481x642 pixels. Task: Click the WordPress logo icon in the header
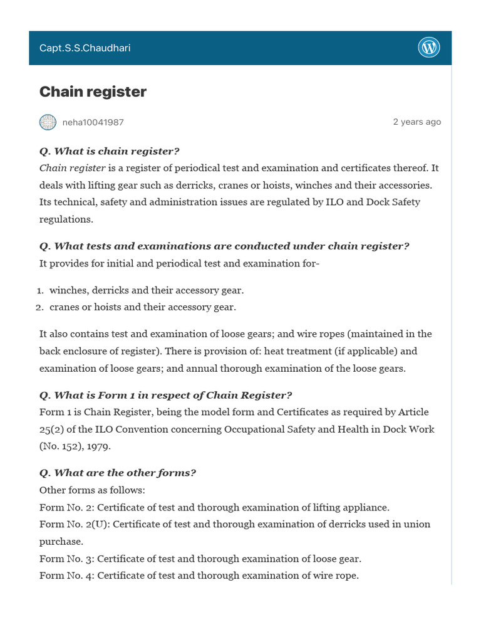(x=429, y=48)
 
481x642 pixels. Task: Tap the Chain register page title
(x=93, y=92)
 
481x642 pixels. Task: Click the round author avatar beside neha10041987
(x=48, y=122)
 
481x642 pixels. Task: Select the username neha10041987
(x=93, y=122)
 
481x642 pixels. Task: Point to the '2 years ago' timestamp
(x=416, y=122)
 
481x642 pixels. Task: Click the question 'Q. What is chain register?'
(x=109, y=151)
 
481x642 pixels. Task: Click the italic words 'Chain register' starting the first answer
(x=72, y=168)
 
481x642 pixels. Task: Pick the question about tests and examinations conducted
(x=224, y=246)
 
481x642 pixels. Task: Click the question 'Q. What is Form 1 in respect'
(x=165, y=395)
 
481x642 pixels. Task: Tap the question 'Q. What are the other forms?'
(x=117, y=473)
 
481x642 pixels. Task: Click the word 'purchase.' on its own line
(x=61, y=541)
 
